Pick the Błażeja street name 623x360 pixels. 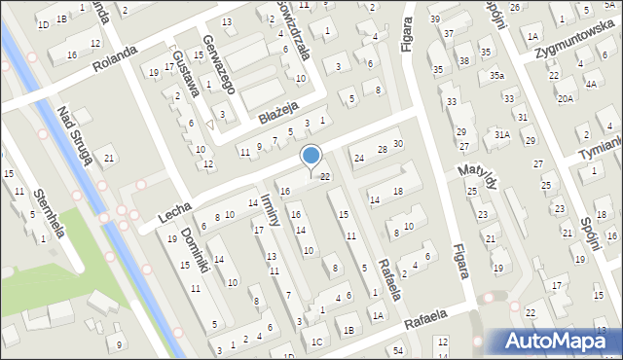click(x=276, y=115)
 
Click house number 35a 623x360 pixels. click(x=496, y=75)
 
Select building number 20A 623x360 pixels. click(x=565, y=98)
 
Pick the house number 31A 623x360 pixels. click(x=501, y=134)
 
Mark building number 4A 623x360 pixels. click(x=591, y=84)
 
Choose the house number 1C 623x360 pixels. click(x=317, y=341)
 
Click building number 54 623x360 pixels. click(x=398, y=349)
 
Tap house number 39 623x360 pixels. click(x=434, y=19)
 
